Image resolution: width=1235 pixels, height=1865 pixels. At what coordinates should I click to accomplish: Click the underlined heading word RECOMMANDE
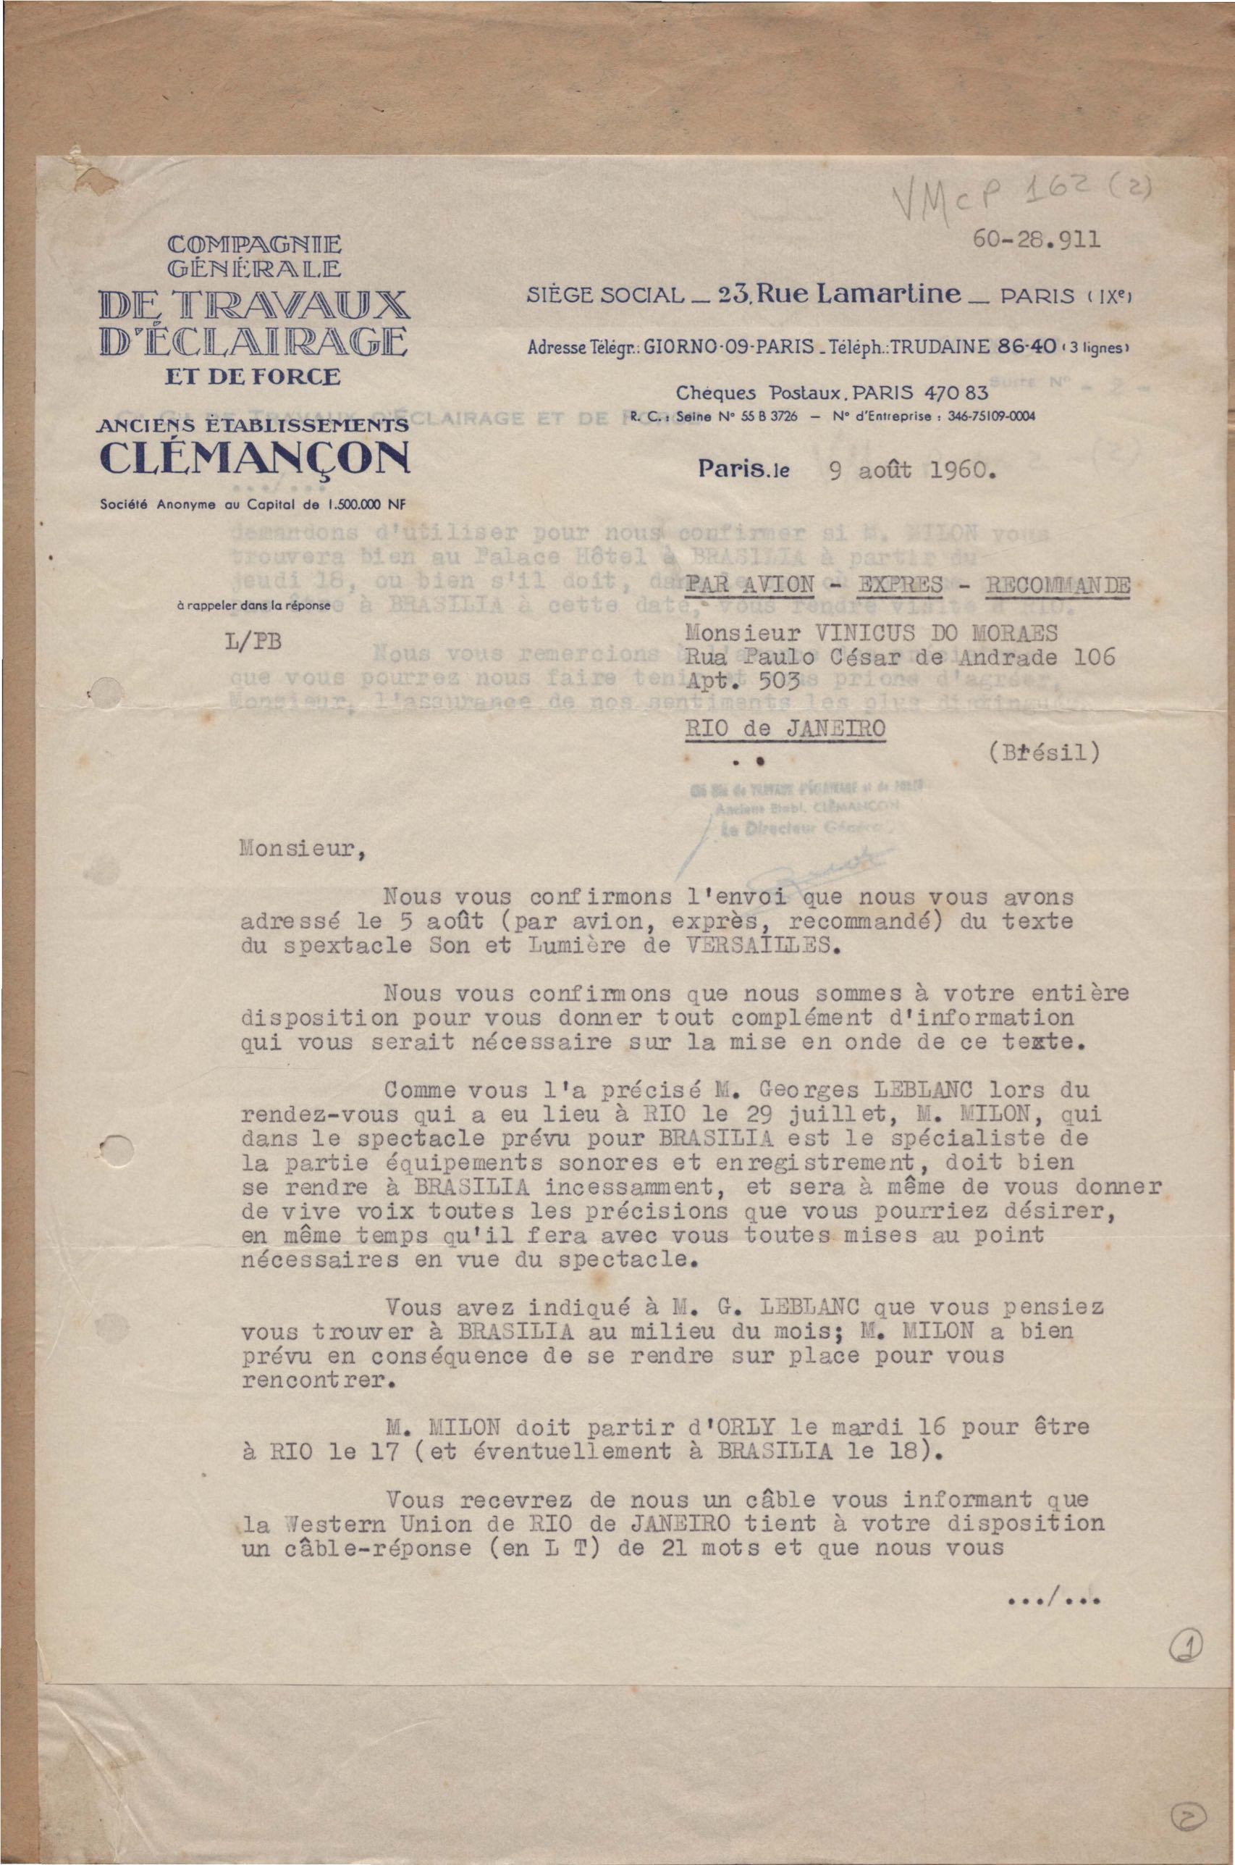tap(1058, 586)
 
